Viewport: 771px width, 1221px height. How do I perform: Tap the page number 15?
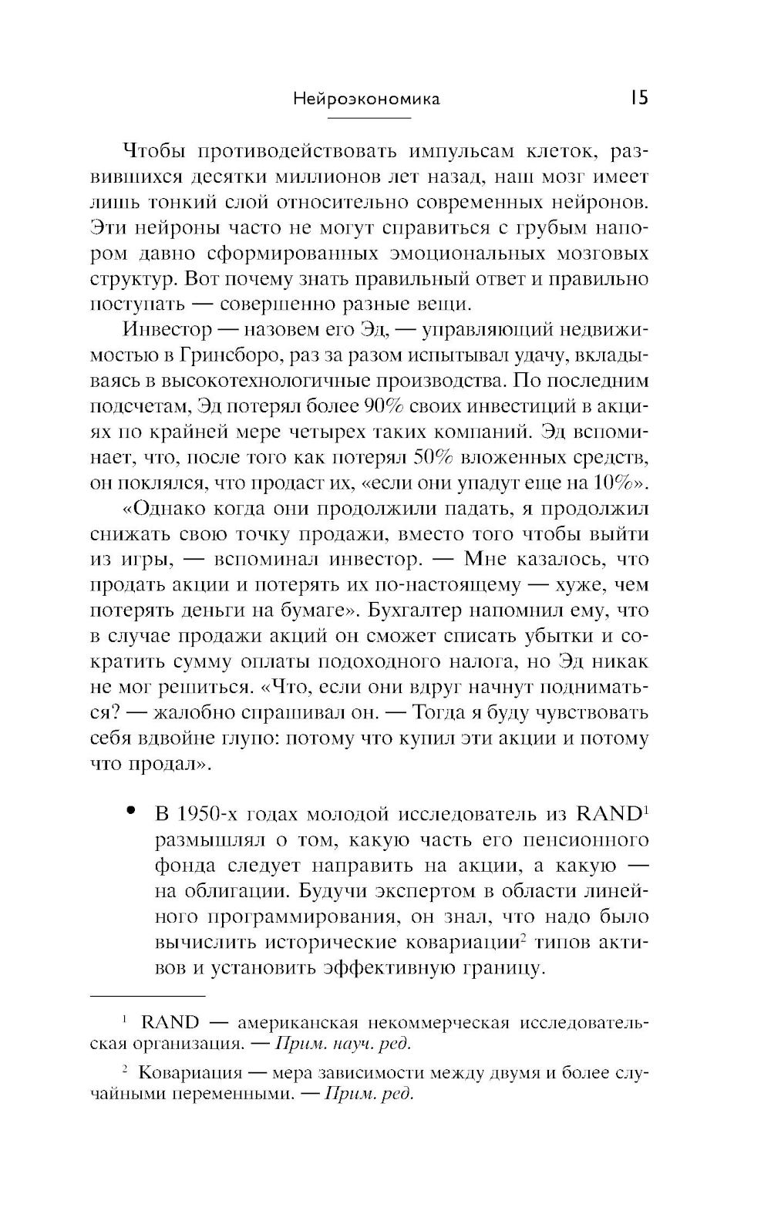tap(638, 98)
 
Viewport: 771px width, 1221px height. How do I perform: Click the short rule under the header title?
tap(369, 117)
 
